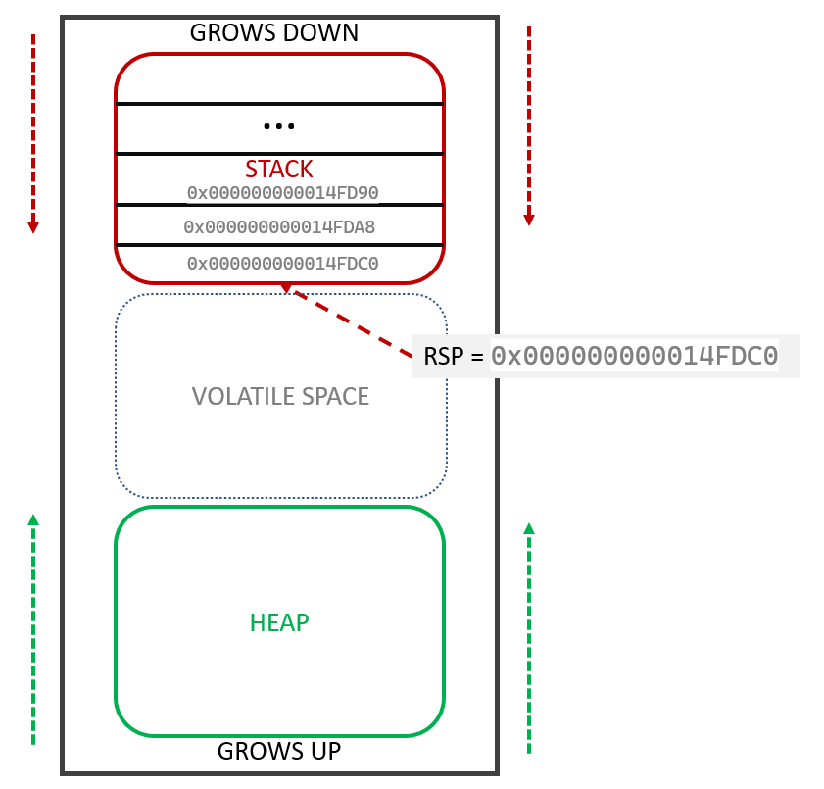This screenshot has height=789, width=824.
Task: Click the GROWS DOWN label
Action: click(x=274, y=33)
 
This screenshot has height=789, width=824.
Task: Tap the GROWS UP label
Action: click(x=279, y=752)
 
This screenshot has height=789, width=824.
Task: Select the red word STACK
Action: click(x=279, y=169)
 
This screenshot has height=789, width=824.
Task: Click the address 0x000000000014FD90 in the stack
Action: click(x=282, y=193)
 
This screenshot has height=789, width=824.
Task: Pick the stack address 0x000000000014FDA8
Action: click(x=279, y=227)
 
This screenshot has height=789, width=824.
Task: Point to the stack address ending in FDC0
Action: click(x=282, y=263)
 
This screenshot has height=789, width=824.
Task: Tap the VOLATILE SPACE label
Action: click(x=280, y=396)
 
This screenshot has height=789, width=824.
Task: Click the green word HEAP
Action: click(x=279, y=622)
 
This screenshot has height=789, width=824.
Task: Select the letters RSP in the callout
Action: click(x=444, y=357)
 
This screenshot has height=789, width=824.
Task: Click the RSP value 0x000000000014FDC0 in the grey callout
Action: click(x=634, y=356)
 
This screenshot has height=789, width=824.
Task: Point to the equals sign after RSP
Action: click(x=477, y=357)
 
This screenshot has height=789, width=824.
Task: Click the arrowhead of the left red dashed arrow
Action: click(x=33, y=227)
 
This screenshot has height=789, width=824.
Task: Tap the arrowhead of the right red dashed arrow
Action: click(x=529, y=220)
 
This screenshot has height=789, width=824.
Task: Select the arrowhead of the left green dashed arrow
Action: click(x=33, y=520)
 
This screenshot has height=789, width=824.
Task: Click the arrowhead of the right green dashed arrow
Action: click(x=529, y=528)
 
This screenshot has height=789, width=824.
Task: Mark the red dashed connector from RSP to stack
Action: click(x=353, y=322)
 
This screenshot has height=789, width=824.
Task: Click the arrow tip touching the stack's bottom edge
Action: click(x=285, y=288)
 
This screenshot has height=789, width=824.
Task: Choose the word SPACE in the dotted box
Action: click(x=329, y=396)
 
